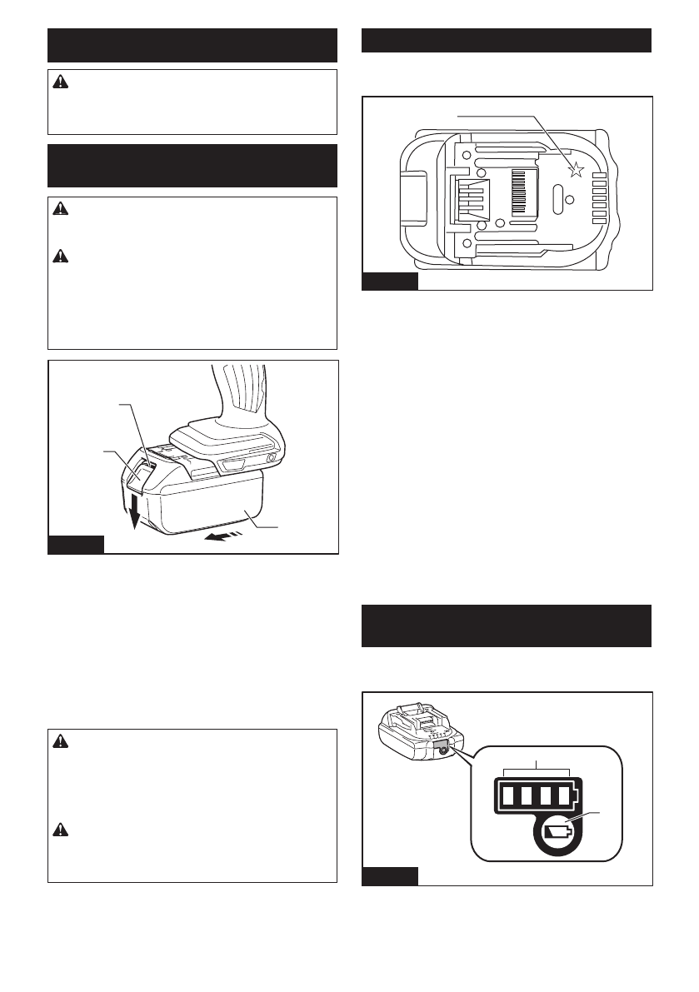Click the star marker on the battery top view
point(575,171)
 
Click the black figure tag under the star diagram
point(390,282)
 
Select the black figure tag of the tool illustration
point(76,546)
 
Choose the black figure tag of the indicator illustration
point(390,876)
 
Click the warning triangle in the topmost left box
point(59,82)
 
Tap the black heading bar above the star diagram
point(507,40)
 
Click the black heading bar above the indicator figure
point(507,626)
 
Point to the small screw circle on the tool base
point(271,458)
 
